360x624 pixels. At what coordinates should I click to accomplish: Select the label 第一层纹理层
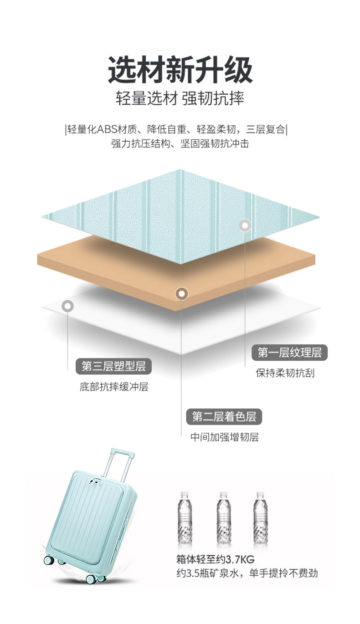click(x=289, y=352)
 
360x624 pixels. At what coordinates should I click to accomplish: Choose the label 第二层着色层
click(x=224, y=416)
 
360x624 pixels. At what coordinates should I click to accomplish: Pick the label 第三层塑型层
click(x=113, y=366)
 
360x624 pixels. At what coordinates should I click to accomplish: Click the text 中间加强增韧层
click(x=224, y=438)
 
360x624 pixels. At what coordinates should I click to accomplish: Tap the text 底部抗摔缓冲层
click(x=113, y=388)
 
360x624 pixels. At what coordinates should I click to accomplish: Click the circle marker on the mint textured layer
click(x=245, y=225)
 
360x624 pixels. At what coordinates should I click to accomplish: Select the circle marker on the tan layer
click(x=181, y=294)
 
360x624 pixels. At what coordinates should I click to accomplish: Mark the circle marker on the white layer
click(x=68, y=307)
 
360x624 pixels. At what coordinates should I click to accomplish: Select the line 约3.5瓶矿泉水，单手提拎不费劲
click(x=247, y=573)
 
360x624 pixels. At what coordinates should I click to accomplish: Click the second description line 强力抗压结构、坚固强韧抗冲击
click(x=180, y=144)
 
